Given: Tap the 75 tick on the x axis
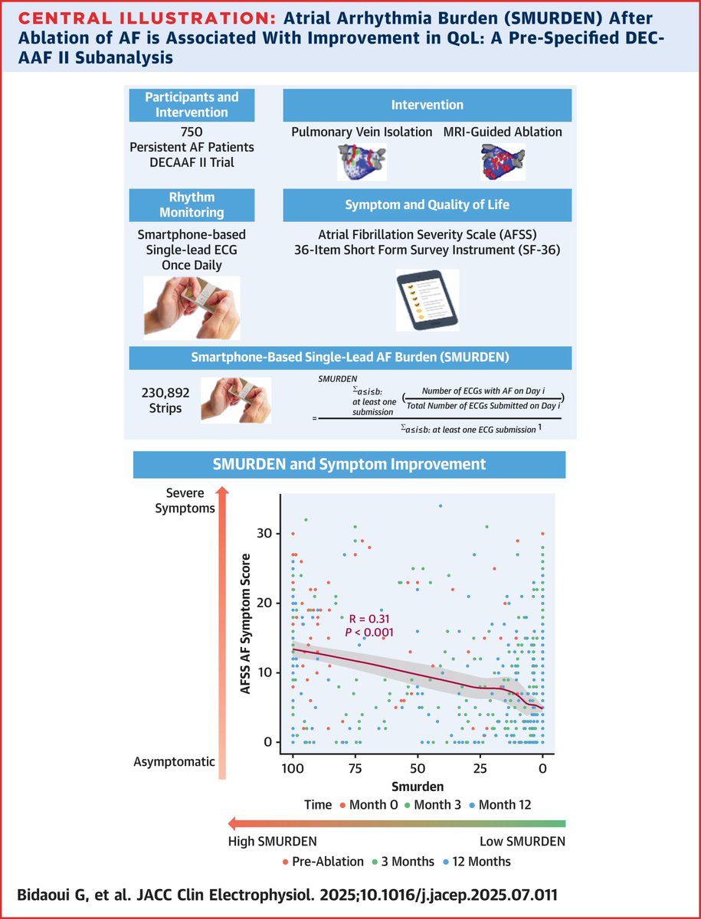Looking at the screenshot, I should point(355,768).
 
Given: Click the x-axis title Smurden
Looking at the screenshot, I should point(417,786).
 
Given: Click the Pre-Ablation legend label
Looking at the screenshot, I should point(334,861).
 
